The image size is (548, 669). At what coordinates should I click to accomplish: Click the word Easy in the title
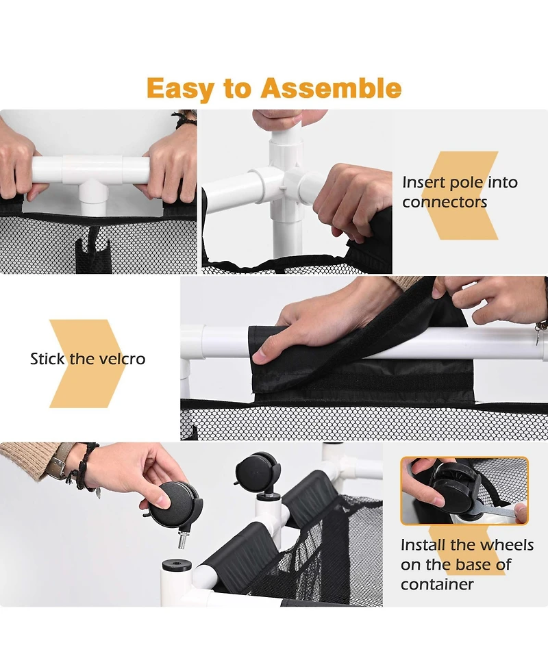[179, 88]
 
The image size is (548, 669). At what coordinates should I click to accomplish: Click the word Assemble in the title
[331, 88]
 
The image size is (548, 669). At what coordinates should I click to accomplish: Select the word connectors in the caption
[445, 202]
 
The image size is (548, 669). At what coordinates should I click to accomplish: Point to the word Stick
[47, 359]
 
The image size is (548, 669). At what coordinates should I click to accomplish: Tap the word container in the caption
[437, 584]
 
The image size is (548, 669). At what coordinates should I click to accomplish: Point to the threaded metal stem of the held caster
[182, 541]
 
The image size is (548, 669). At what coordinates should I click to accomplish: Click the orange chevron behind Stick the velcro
[86, 364]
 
